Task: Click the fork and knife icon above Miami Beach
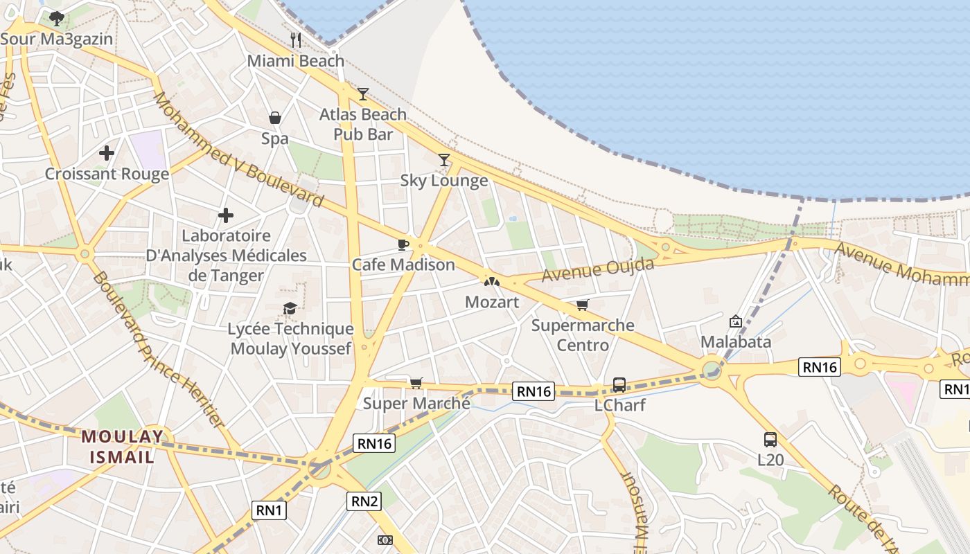(x=296, y=40)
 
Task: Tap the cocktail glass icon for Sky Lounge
(x=444, y=160)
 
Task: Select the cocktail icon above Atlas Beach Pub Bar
(x=362, y=94)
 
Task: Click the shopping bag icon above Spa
(x=275, y=118)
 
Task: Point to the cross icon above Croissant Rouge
(x=107, y=153)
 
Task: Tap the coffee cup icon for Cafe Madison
(x=403, y=244)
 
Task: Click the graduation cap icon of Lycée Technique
(x=290, y=308)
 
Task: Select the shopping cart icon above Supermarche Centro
(x=583, y=305)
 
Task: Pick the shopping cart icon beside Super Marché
(x=416, y=383)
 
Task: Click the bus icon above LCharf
(x=619, y=385)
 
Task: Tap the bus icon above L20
(x=770, y=440)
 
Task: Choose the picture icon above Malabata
(x=736, y=321)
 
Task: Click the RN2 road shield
(x=364, y=501)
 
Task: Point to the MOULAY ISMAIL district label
(x=123, y=447)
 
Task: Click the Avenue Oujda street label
(x=598, y=269)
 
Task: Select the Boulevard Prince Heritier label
(x=158, y=349)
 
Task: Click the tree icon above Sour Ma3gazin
(x=57, y=19)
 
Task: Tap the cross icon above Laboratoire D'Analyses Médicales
(x=226, y=216)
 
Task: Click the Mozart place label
(x=492, y=302)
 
